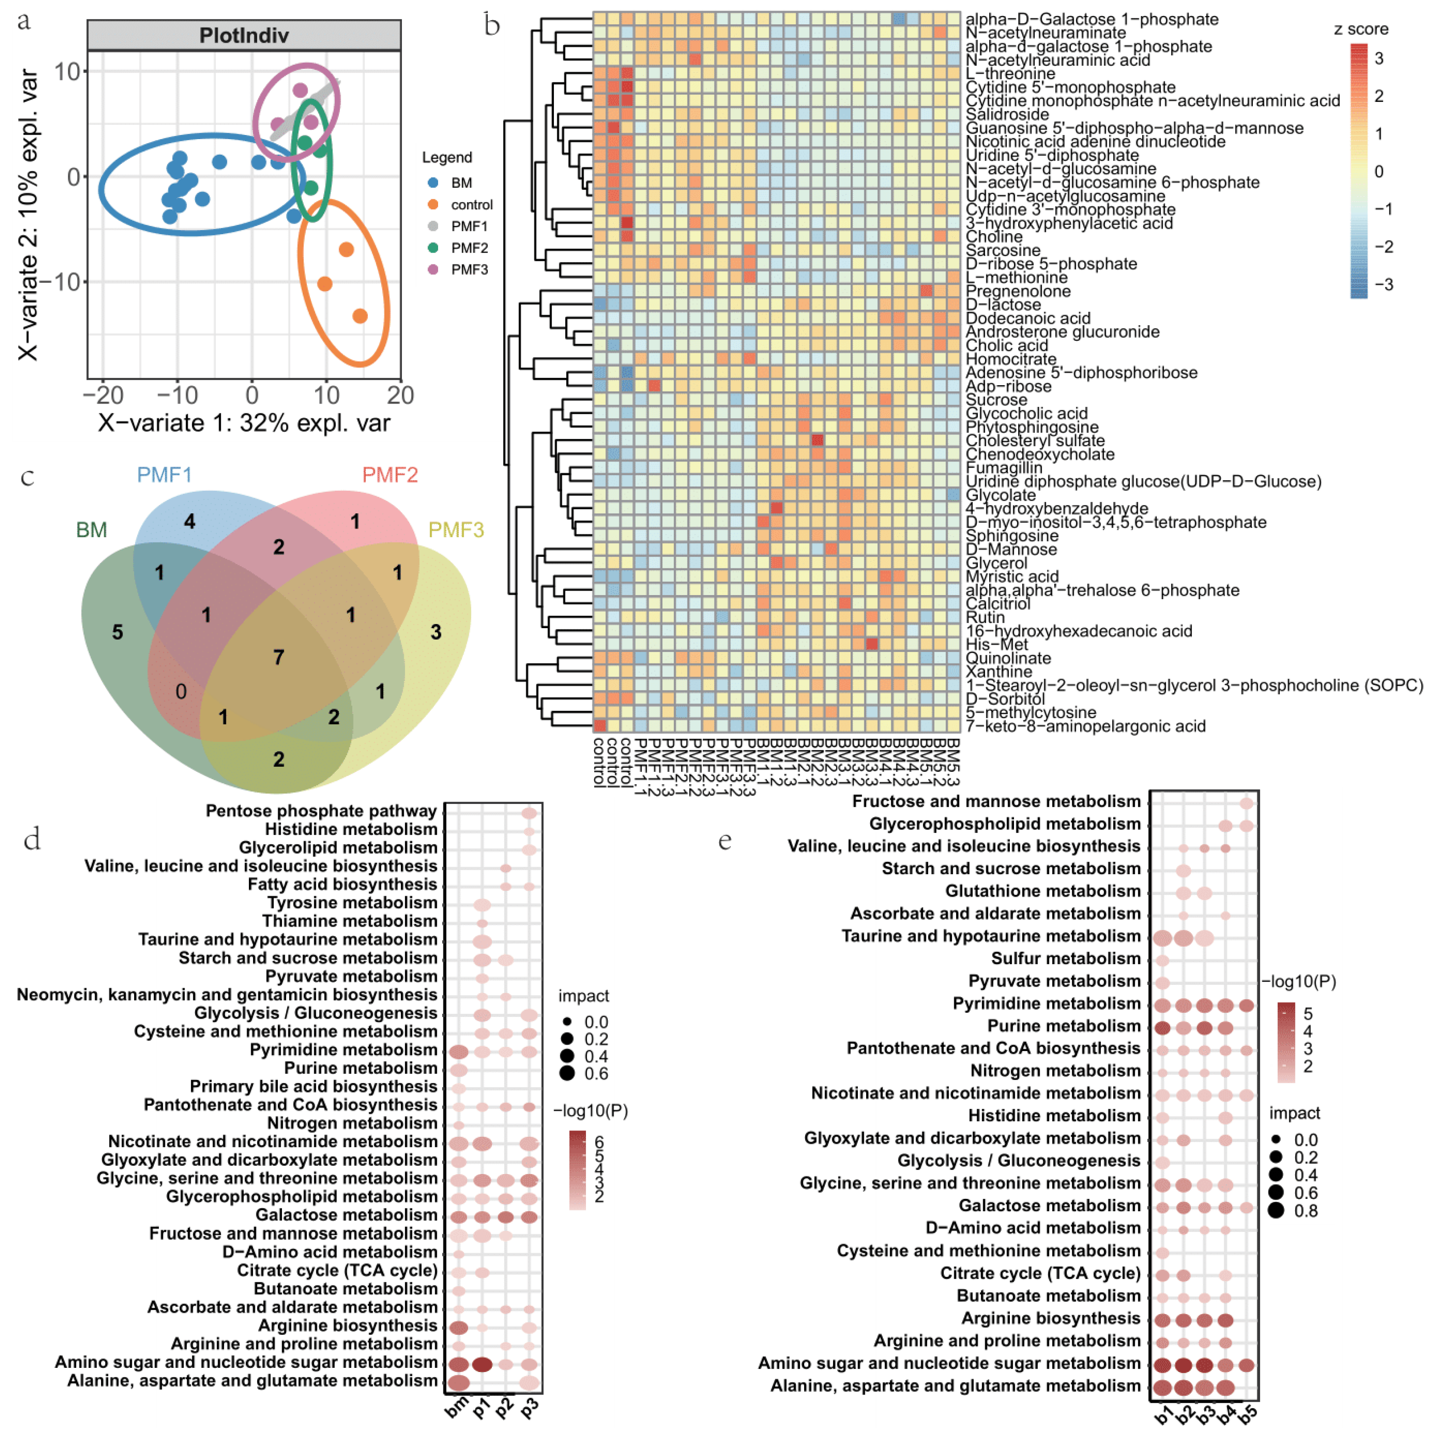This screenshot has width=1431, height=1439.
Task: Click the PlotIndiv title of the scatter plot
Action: [x=243, y=35]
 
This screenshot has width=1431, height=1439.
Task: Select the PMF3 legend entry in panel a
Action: [x=468, y=270]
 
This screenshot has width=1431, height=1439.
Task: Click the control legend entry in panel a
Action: [x=471, y=205]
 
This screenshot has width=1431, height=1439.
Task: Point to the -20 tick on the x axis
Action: [x=103, y=395]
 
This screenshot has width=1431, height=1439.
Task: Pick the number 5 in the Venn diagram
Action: [x=118, y=632]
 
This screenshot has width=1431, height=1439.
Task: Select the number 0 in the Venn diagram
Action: [x=181, y=692]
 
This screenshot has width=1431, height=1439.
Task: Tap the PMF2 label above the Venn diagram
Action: [x=389, y=475]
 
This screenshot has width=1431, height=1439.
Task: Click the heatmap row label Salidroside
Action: [x=1007, y=115]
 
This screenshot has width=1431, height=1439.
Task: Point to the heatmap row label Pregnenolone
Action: [x=1018, y=291]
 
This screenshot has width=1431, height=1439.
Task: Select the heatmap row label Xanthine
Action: [x=999, y=672]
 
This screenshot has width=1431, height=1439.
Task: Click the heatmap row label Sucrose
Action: [x=996, y=400]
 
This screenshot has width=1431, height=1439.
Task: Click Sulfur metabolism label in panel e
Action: [x=1065, y=959]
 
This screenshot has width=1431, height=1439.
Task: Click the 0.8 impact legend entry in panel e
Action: [x=1305, y=1210]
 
